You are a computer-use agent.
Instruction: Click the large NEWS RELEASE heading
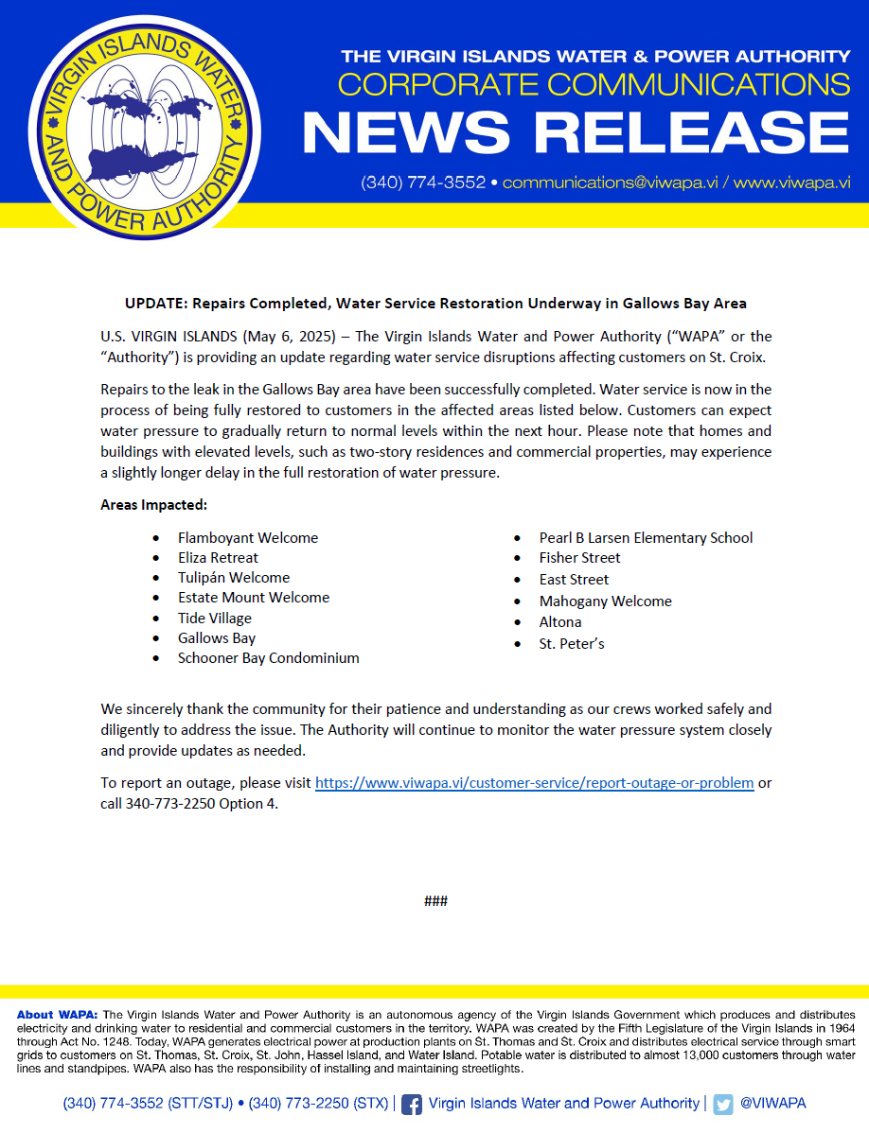pyautogui.click(x=576, y=133)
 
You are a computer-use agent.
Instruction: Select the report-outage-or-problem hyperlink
pyautogui.click(x=534, y=783)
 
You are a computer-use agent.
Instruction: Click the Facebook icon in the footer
pyautogui.click(x=412, y=1104)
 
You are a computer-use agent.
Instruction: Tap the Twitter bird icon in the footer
pyautogui.click(x=723, y=1104)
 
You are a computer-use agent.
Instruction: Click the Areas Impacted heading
pyautogui.click(x=153, y=505)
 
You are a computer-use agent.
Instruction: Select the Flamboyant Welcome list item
pyautogui.click(x=248, y=537)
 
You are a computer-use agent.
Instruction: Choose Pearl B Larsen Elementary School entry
pyautogui.click(x=646, y=537)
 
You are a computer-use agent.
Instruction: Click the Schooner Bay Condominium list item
pyautogui.click(x=268, y=658)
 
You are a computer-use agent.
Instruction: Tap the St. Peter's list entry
pyautogui.click(x=572, y=644)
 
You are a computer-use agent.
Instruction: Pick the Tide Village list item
pyautogui.click(x=215, y=619)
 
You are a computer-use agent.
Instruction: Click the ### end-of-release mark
pyautogui.click(x=435, y=900)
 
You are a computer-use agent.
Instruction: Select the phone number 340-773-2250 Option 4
pyautogui.click(x=202, y=804)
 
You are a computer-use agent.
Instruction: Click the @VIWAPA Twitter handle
pyautogui.click(x=772, y=1104)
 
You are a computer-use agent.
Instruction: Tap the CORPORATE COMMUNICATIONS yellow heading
pyautogui.click(x=594, y=84)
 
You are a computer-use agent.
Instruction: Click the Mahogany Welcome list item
pyautogui.click(x=605, y=601)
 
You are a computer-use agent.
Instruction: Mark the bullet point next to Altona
pyautogui.click(x=517, y=622)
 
